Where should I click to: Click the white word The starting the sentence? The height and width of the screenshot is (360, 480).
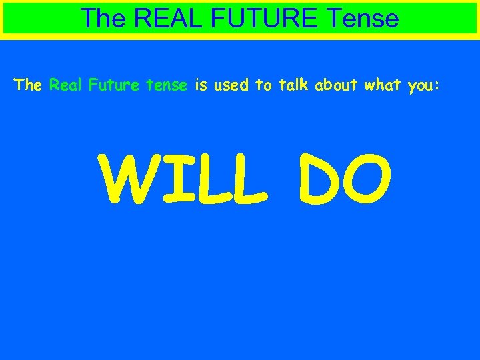click(28, 85)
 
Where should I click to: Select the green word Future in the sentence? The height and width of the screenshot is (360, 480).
click(112, 85)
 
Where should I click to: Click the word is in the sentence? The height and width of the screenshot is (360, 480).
click(201, 85)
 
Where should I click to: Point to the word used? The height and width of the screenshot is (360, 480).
click(231, 85)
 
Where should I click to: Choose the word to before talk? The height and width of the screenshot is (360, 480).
click(262, 85)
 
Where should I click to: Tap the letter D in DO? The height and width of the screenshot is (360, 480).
click(313, 181)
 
